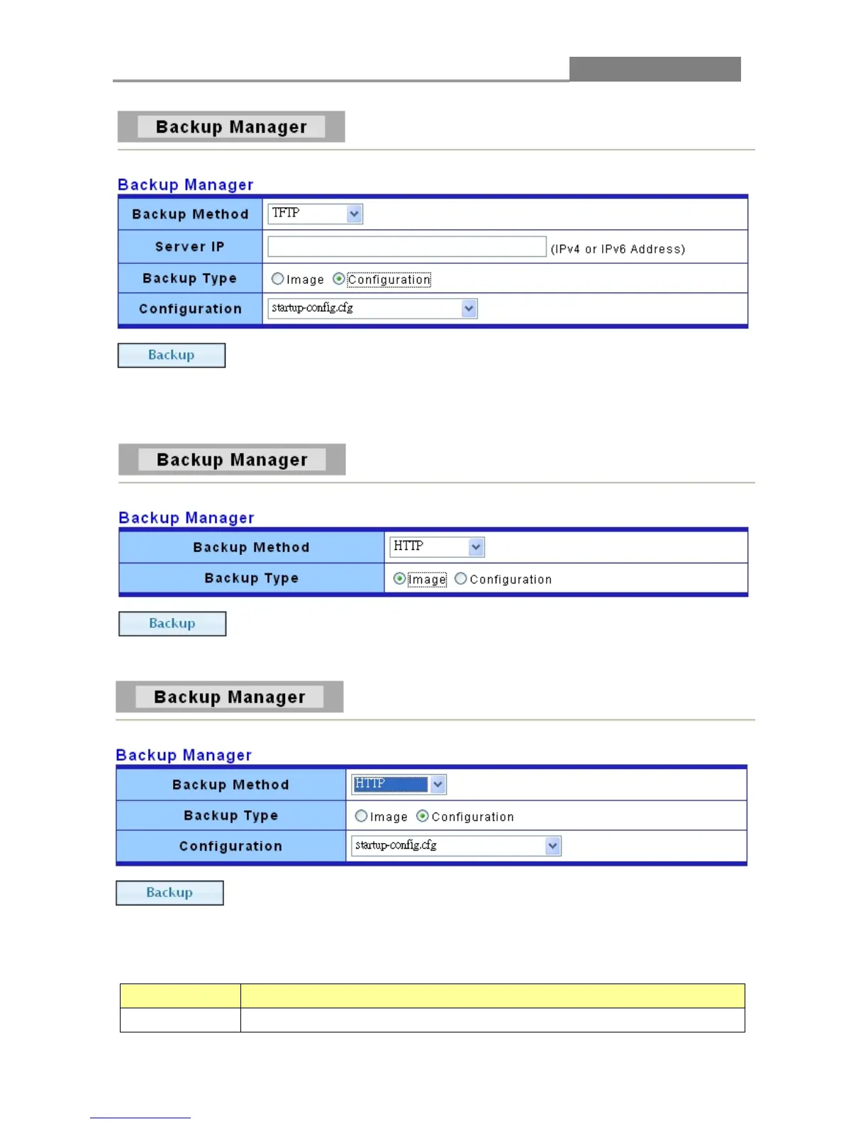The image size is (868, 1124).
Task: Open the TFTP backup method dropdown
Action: coord(315,214)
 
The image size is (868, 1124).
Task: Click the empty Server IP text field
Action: coord(406,247)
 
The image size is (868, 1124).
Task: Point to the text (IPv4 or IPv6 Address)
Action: coord(618,249)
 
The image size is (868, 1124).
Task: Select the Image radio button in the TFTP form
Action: coord(278,279)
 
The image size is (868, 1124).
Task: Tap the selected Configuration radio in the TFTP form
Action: coord(339,279)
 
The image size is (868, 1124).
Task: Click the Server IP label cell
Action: coord(190,247)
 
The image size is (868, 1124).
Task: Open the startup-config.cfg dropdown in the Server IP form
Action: coord(372,308)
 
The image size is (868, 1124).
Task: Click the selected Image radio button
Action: coord(400,579)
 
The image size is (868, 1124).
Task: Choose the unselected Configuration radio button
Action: coord(461,579)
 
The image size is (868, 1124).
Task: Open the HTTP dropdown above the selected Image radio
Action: coord(436,547)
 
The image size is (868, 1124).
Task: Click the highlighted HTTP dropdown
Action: coord(399,784)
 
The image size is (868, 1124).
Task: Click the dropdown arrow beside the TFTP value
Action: coord(355,214)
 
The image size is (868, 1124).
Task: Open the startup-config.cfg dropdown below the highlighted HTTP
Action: coord(456,846)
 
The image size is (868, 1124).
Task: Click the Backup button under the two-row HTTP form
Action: coord(172,624)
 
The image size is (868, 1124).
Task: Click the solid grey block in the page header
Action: coord(655,70)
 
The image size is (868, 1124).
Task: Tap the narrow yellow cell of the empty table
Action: coord(180,996)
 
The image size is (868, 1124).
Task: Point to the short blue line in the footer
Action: coord(140,1118)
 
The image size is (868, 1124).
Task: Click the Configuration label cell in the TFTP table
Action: coord(190,309)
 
